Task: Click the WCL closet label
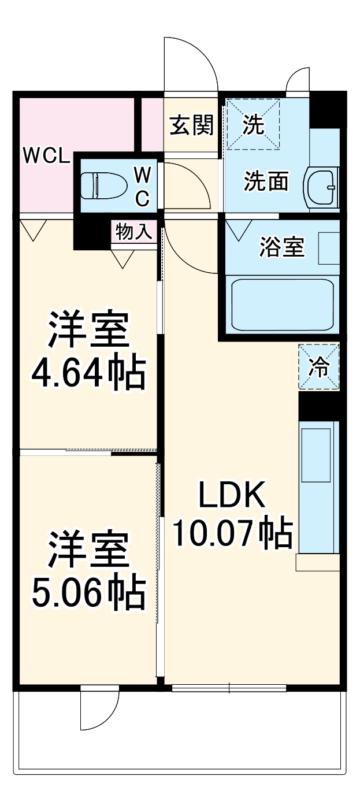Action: pyautogui.click(x=46, y=155)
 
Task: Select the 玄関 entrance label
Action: pyautogui.click(x=191, y=125)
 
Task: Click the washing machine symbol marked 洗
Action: pyautogui.click(x=253, y=124)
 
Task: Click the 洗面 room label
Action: pyautogui.click(x=266, y=182)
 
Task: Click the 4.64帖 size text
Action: pyautogui.click(x=87, y=374)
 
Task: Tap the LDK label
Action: pyautogui.click(x=231, y=495)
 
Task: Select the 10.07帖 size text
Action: pyautogui.click(x=231, y=533)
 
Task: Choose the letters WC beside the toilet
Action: pyautogui.click(x=143, y=185)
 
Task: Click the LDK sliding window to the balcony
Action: pyautogui.click(x=229, y=688)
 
